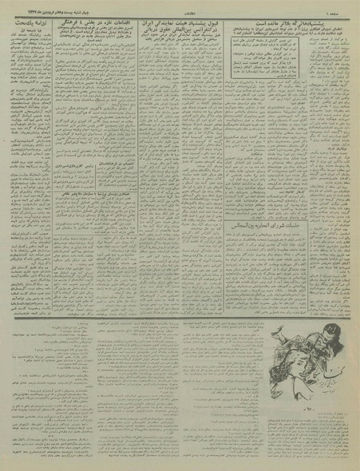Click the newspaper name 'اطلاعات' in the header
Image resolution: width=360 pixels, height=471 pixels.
180,7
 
